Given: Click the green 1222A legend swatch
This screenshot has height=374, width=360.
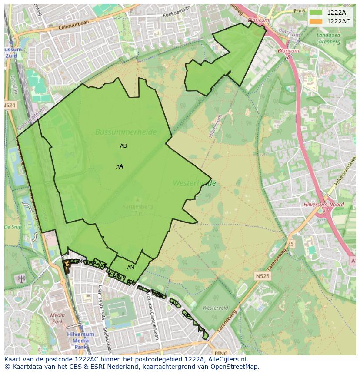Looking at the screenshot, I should (316, 13).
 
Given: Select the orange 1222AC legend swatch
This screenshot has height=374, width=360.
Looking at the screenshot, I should (316, 21).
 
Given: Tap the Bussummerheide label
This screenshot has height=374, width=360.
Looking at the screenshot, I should (126, 132).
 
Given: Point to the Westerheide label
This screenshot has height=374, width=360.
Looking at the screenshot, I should (194, 183).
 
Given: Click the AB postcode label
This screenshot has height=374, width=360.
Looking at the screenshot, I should (123, 146).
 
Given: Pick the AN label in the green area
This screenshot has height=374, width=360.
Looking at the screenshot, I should (130, 268).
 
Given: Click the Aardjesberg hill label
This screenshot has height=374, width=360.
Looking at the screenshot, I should (137, 207).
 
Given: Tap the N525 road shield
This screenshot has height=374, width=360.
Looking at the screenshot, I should (262, 276).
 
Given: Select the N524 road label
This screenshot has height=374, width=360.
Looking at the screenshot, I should (10, 106).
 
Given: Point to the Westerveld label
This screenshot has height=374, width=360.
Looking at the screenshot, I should (216, 308).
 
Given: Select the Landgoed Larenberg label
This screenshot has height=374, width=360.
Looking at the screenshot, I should (329, 38).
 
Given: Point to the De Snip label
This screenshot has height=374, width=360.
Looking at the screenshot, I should (13, 227).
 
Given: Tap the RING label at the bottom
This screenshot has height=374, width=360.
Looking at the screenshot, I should (221, 354).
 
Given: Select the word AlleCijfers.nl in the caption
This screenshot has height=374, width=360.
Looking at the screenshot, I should (227, 359).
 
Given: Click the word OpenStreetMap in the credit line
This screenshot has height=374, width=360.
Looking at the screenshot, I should (235, 367).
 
